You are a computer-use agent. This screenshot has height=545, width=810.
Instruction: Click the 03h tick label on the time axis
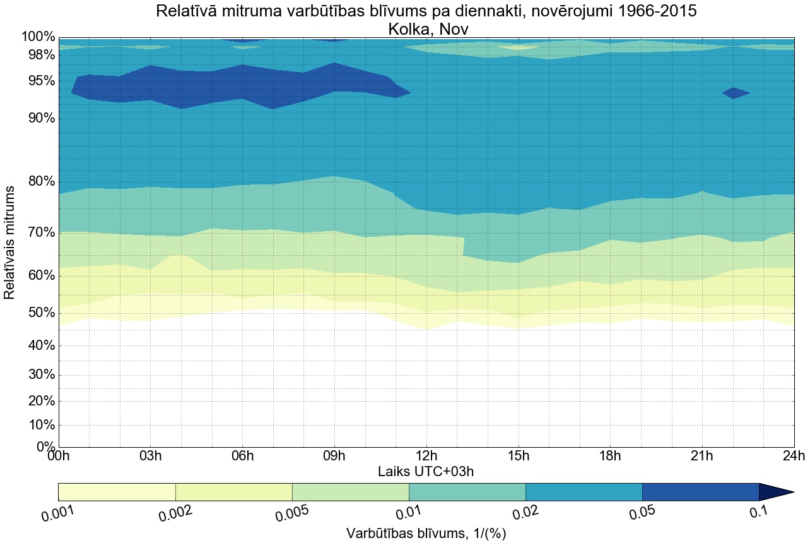pos(150,456)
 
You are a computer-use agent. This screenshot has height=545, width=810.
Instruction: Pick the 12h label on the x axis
pos(426,456)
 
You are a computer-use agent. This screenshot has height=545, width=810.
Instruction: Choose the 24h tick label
pos(793,456)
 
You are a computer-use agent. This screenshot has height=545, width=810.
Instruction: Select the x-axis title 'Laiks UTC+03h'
pos(426,471)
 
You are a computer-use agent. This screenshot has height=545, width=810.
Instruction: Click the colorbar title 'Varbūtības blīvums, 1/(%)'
pos(426,534)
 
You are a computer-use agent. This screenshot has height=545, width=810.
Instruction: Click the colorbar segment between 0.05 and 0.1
pos(700,492)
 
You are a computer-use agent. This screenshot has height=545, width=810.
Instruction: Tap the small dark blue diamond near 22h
pos(735,93)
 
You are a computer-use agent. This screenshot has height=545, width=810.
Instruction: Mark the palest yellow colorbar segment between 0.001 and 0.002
pos(117,492)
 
